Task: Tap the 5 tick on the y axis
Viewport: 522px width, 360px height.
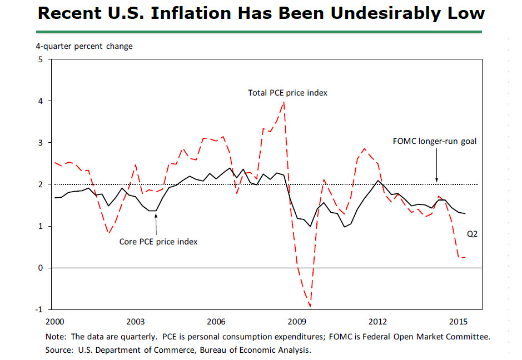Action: click(x=40, y=59)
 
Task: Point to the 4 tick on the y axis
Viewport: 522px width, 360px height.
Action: click(x=40, y=101)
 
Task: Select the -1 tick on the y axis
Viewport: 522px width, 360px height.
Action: click(x=39, y=309)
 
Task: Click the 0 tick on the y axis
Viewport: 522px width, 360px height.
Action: click(x=40, y=268)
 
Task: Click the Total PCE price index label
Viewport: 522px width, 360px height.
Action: click(x=287, y=93)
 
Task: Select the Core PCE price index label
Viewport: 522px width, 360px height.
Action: click(x=158, y=242)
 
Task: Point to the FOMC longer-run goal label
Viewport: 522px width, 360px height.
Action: click(x=435, y=141)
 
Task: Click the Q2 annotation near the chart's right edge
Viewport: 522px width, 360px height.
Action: click(x=471, y=234)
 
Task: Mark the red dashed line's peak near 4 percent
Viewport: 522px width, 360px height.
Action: click(x=285, y=102)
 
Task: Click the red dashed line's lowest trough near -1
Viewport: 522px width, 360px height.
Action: click(x=310, y=306)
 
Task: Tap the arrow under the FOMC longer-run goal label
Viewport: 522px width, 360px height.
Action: click(x=436, y=167)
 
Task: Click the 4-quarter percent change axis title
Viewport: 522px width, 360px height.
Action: click(x=84, y=46)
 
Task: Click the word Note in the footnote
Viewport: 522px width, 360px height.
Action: click(x=55, y=337)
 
